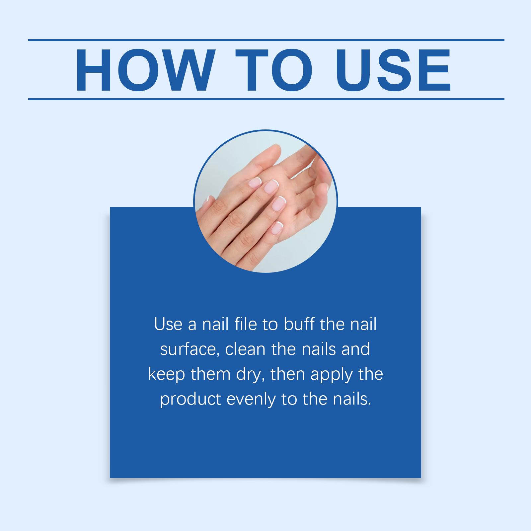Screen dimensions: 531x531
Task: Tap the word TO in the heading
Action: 274,70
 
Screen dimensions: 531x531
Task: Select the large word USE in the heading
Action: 393,70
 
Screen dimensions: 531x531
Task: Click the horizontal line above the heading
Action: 266,40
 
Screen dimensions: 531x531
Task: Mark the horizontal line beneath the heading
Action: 266,99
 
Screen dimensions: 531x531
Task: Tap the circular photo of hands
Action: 265,201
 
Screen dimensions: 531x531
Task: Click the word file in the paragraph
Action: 246,324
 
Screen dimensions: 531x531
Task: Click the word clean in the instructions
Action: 245,349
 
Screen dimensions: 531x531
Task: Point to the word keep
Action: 167,374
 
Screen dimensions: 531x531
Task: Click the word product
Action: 190,399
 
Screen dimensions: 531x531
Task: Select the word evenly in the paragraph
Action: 251,399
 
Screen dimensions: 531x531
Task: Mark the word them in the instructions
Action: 211,374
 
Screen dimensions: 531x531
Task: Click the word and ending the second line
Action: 356,349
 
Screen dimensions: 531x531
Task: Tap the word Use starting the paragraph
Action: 168,324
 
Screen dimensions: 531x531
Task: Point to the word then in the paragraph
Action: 288,374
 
